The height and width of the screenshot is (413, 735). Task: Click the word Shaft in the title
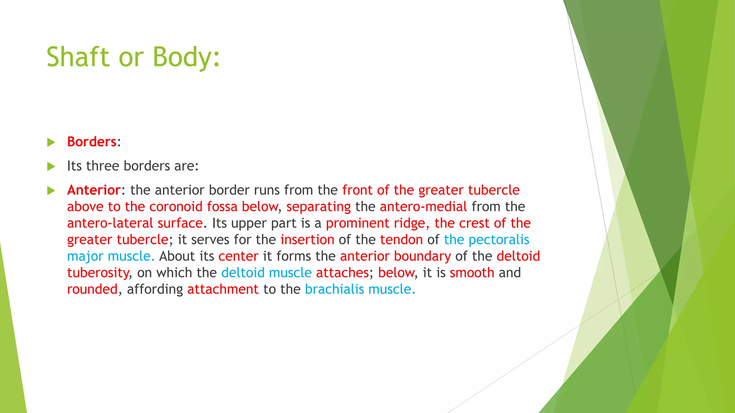78,57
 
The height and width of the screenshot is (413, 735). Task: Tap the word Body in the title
183,57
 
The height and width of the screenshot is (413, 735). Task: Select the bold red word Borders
92,142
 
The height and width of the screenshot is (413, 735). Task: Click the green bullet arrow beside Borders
51,142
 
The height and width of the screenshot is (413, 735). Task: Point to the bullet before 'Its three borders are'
51,166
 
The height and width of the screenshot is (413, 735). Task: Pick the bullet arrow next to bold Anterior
51,190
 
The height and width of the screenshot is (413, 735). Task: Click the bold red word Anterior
94,190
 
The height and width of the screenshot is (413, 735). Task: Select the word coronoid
176,207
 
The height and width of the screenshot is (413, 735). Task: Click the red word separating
318,207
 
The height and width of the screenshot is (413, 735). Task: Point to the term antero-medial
423,207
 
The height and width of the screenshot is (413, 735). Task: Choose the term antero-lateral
110,223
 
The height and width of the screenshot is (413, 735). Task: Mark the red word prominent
357,223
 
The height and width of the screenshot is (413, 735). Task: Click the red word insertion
307,240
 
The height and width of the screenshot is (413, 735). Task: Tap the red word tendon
401,240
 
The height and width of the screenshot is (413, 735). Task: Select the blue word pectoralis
499,240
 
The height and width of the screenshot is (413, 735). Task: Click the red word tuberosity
98,273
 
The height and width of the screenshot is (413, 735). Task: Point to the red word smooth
472,273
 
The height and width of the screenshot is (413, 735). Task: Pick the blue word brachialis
334,289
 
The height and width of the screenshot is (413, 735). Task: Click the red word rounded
92,289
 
